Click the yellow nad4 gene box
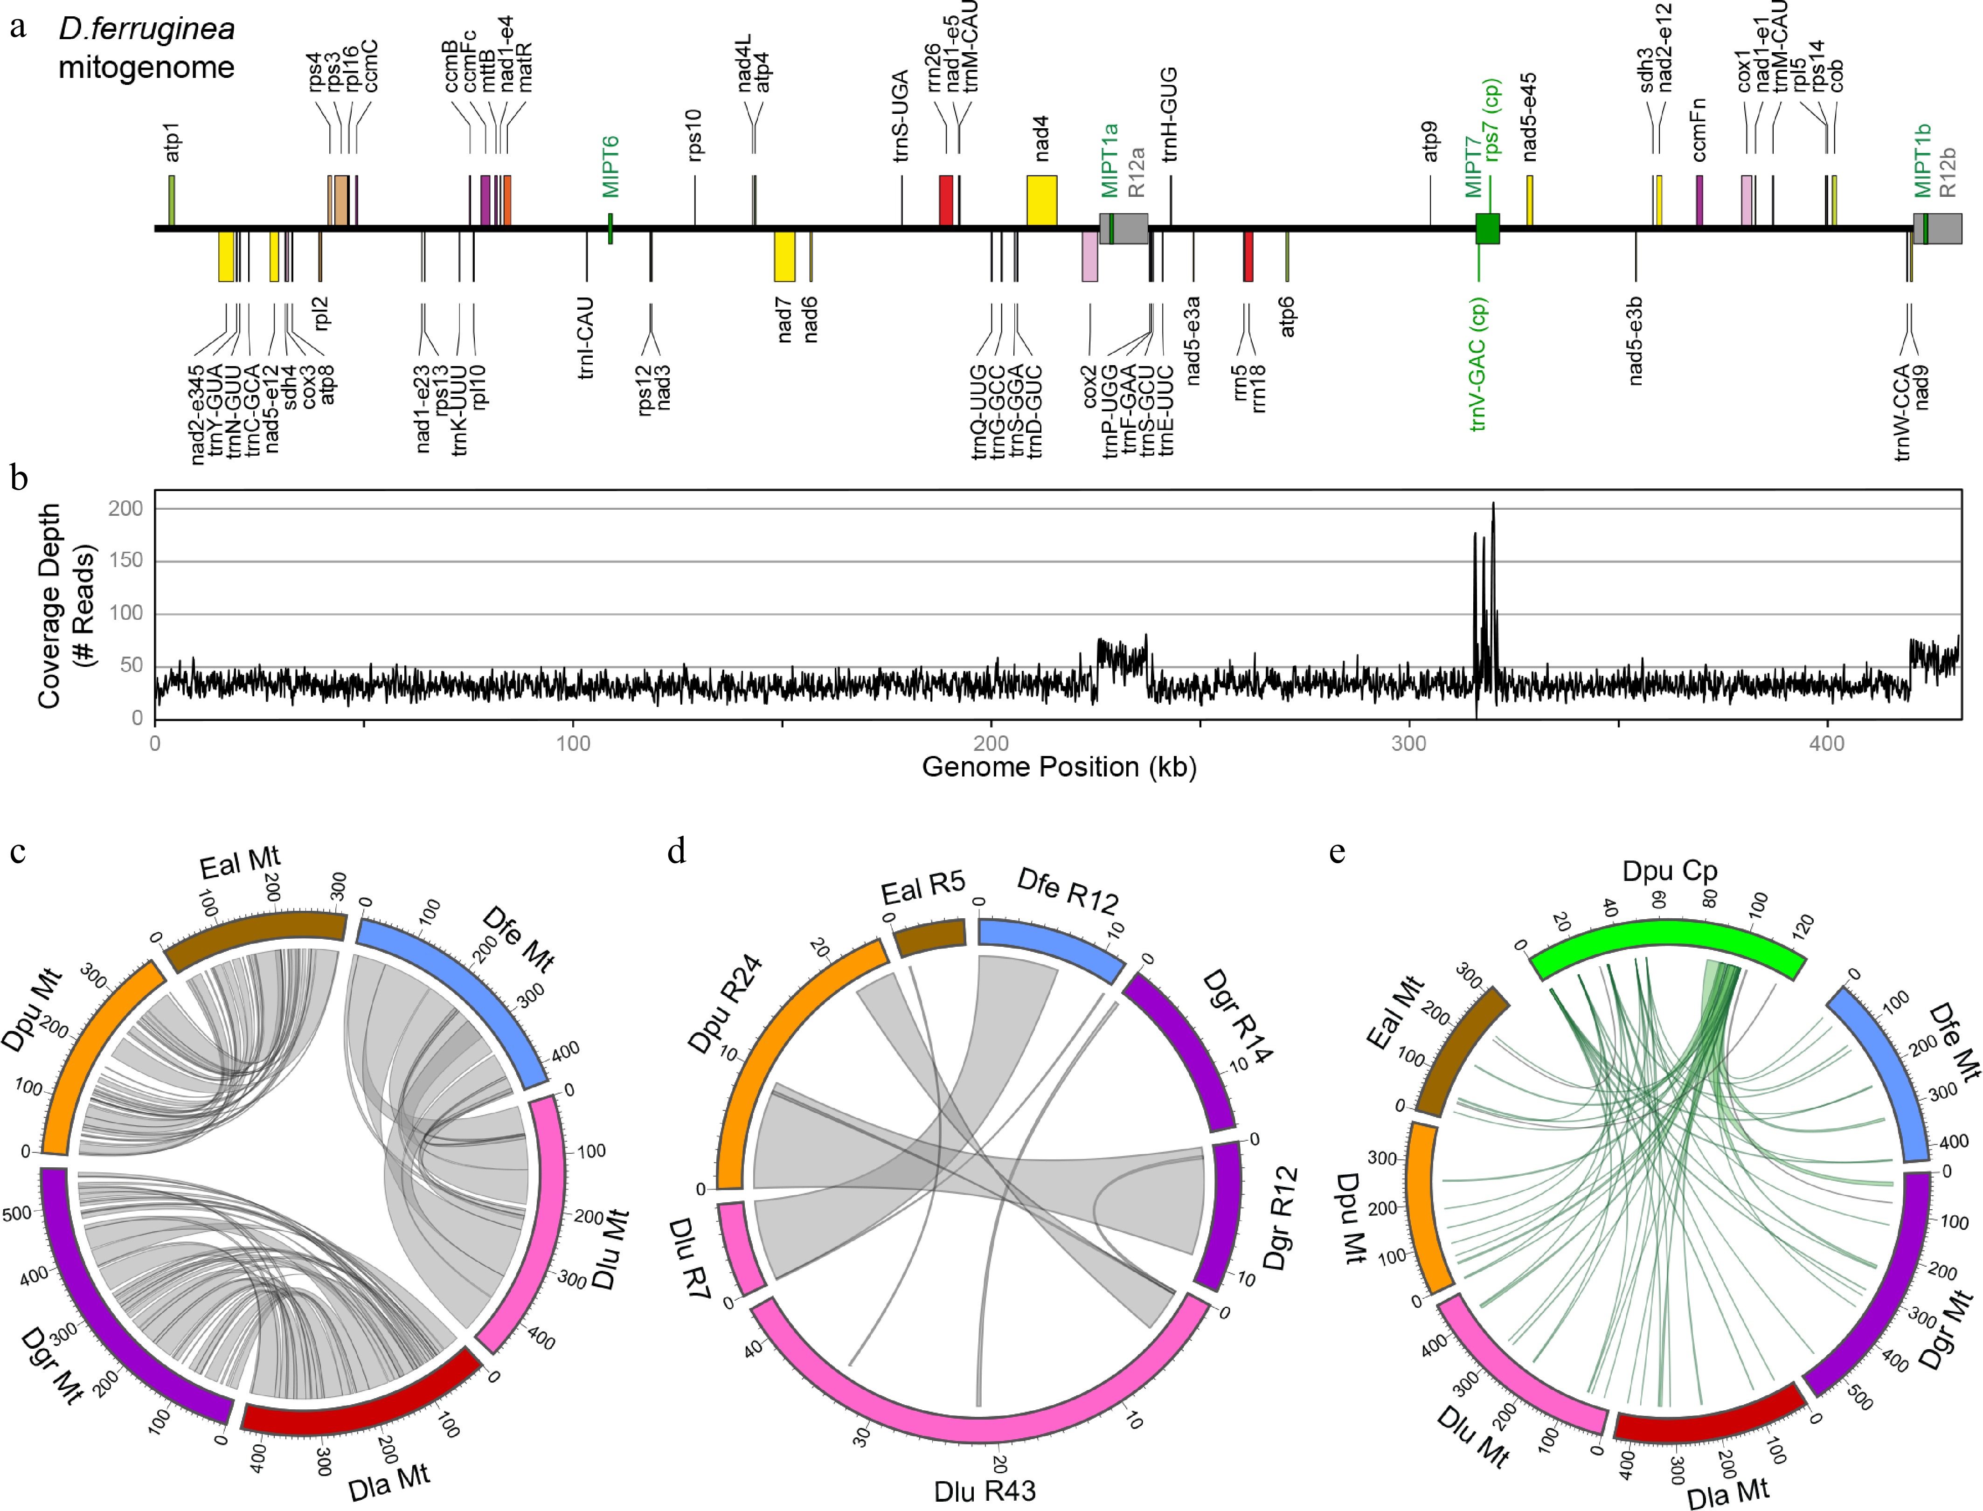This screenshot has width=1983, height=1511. [x=1041, y=200]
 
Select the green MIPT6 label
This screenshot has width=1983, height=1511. [x=611, y=167]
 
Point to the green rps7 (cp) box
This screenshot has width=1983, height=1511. [x=1487, y=229]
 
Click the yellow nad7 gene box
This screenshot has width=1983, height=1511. [x=784, y=256]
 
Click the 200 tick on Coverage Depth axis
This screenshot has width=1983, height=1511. [x=126, y=509]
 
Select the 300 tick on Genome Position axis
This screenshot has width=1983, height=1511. [x=1409, y=744]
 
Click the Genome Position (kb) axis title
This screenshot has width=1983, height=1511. [x=1059, y=767]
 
